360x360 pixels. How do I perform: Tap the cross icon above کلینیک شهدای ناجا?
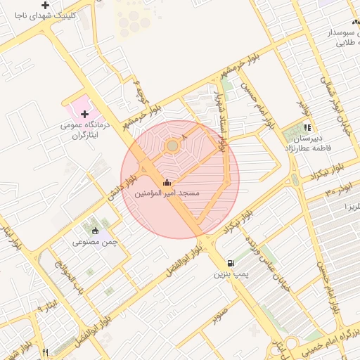(x=45, y=5)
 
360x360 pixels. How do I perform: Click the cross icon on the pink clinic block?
(x=84, y=114)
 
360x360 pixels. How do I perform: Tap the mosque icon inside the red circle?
(x=167, y=183)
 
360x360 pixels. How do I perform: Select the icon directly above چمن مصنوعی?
(x=96, y=231)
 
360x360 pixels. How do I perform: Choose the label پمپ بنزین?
(x=231, y=274)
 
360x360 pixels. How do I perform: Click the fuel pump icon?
(x=231, y=262)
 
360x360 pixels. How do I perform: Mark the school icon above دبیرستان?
(x=307, y=128)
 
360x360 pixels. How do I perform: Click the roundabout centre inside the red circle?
(x=172, y=146)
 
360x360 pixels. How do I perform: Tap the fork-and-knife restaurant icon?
(x=46, y=352)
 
